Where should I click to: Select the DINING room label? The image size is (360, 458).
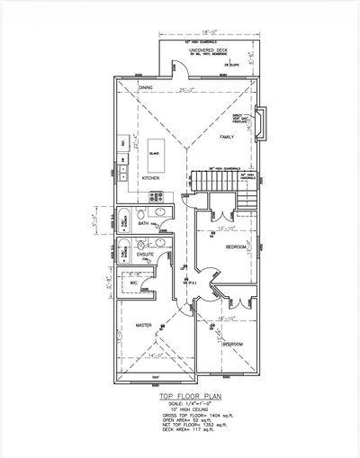click(x=145, y=87)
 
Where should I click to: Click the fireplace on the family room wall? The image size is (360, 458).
click(x=260, y=124)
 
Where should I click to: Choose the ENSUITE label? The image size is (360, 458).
click(x=146, y=256)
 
